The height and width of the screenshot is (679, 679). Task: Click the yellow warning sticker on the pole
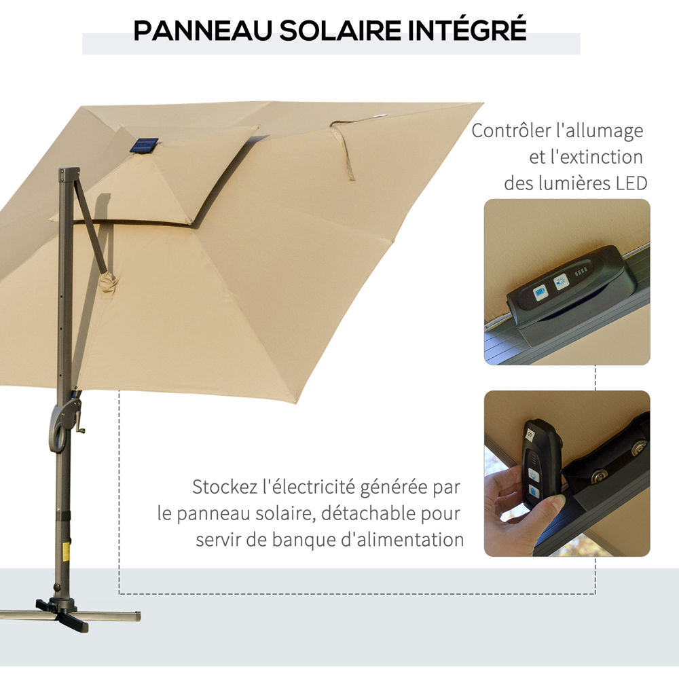(x=66, y=552)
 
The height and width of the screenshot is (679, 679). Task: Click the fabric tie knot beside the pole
(x=108, y=282)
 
